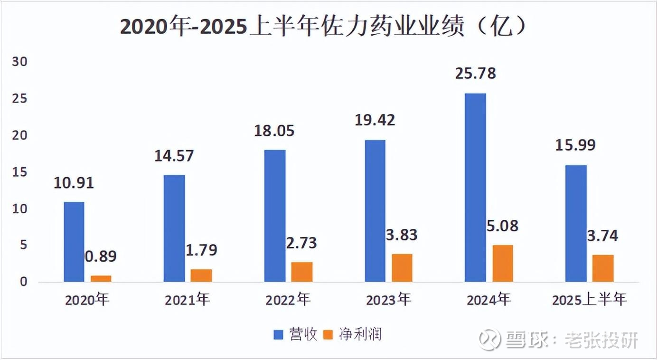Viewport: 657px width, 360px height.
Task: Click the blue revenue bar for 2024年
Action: coord(475,188)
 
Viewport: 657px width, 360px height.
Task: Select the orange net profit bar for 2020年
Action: coord(101,279)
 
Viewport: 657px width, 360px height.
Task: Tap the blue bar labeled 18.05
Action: coord(275,216)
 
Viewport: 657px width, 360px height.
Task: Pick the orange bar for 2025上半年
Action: coord(603,268)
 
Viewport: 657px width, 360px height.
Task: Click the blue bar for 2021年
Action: coord(174,228)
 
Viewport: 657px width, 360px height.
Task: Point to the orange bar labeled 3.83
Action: coord(402,268)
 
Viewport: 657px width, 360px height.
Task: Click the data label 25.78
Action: coord(475,74)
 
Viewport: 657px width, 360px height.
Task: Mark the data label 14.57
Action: coord(174,156)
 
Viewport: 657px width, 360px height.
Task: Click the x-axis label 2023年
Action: coord(388,300)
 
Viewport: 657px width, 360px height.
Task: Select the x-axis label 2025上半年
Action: coord(590,300)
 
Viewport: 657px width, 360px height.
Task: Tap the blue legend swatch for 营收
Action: coord(278,335)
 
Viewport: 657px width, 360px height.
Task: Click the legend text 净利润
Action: coord(360,335)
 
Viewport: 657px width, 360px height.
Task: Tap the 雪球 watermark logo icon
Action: coord(489,339)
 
